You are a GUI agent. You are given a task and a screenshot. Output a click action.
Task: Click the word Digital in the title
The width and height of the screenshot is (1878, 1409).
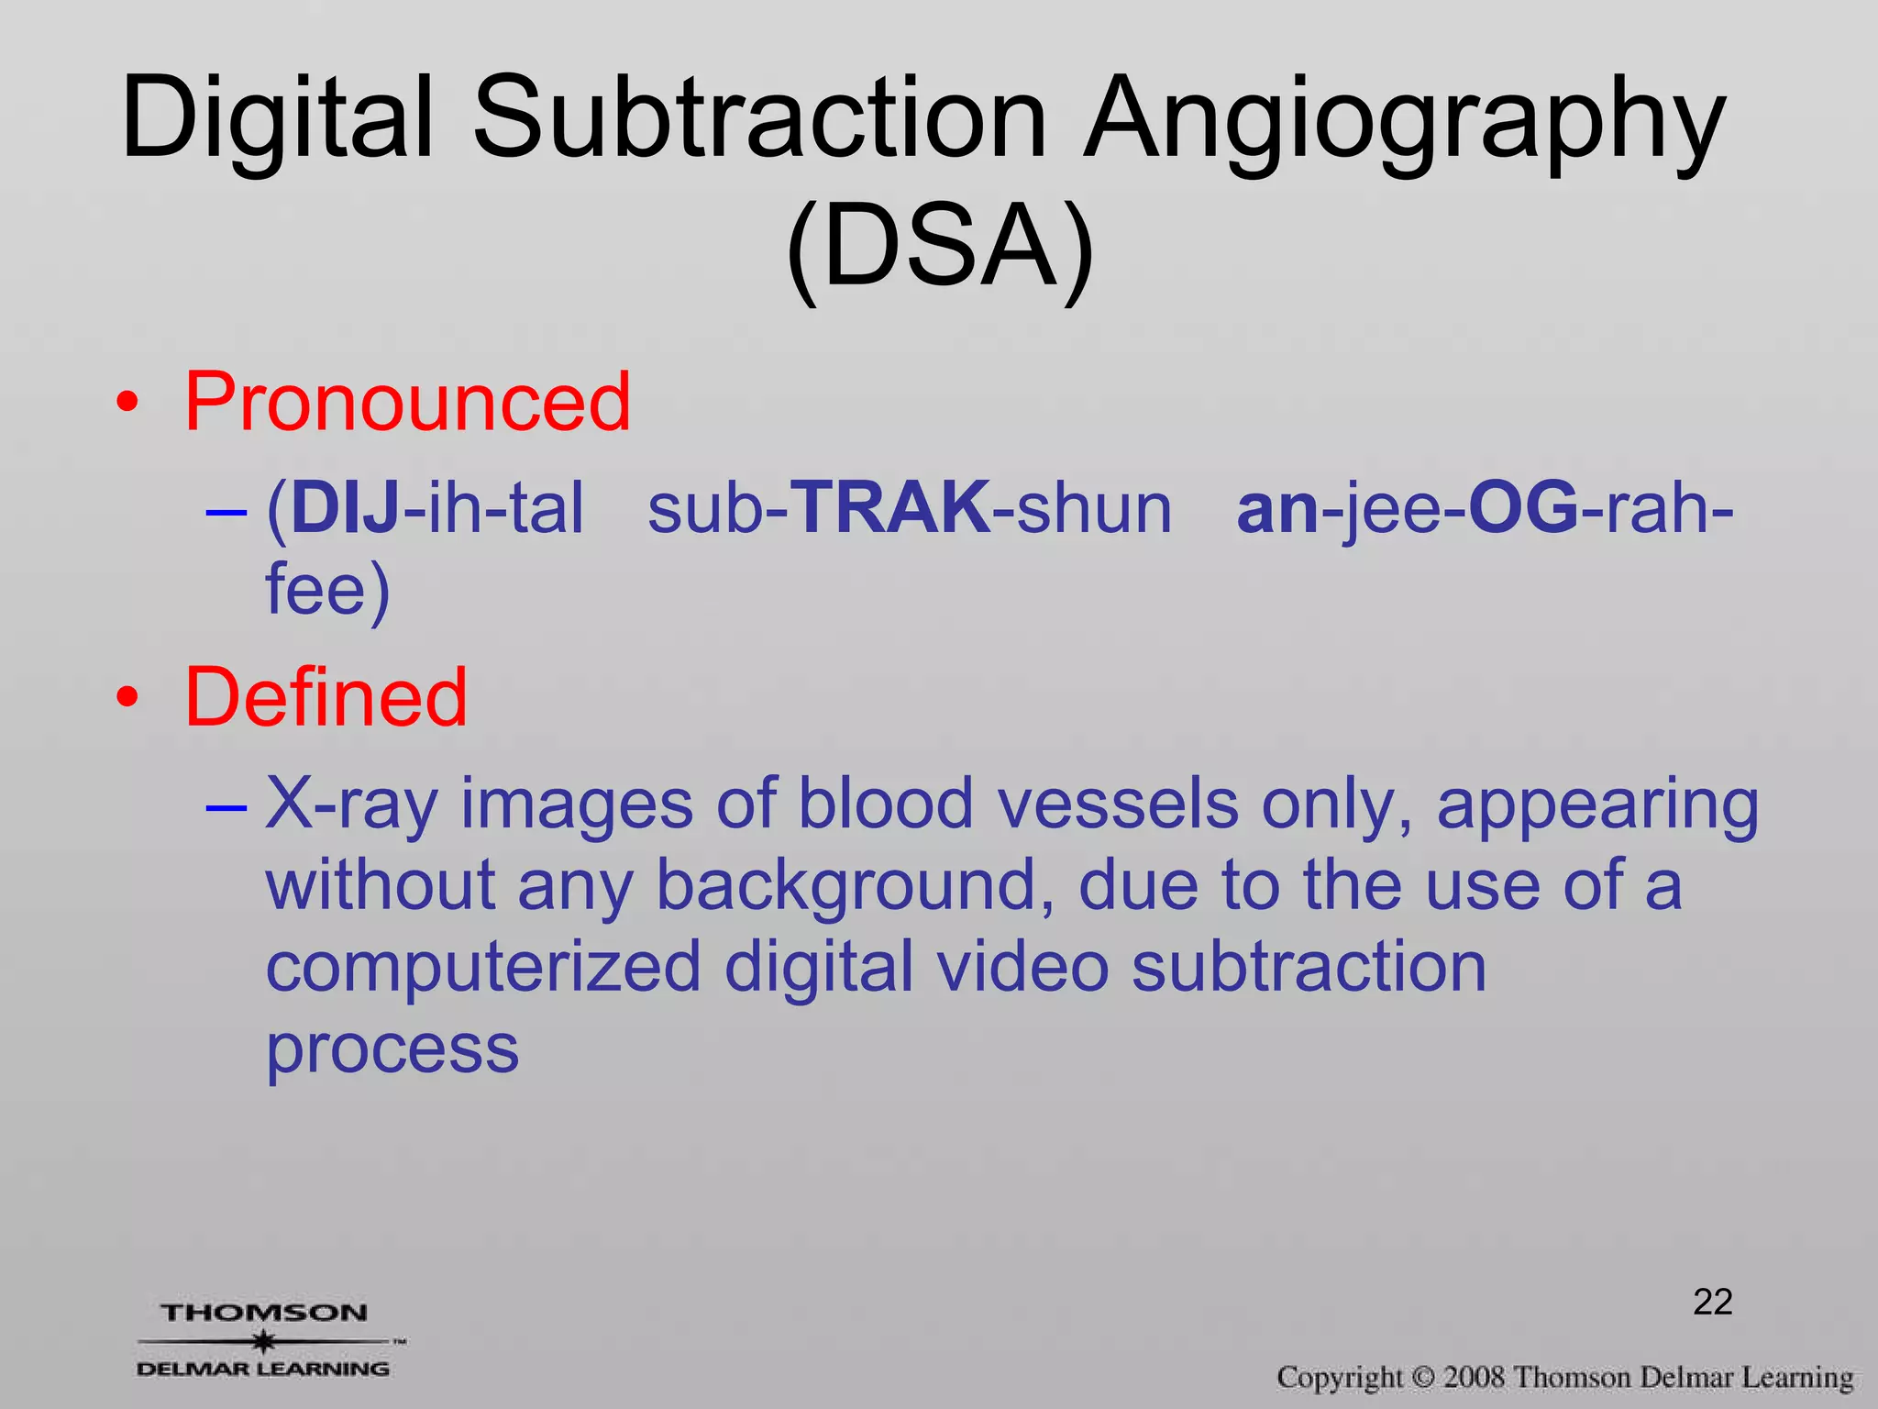275,119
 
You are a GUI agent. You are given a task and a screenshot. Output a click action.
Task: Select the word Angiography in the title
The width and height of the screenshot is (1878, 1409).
1403,124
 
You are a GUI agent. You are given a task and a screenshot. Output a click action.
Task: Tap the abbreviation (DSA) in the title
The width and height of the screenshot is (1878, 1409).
940,248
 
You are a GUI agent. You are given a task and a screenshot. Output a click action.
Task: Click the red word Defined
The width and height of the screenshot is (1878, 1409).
326,697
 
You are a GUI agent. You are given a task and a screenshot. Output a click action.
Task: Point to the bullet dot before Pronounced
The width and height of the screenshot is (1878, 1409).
127,403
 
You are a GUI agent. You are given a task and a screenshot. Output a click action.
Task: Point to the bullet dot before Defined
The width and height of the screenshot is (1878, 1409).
127,698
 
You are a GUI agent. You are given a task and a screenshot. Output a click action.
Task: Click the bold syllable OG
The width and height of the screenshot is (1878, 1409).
1523,508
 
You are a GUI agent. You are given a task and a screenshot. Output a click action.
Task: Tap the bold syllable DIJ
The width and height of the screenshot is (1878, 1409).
345,508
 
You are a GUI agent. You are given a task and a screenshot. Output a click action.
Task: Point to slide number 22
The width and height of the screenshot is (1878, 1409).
1712,1302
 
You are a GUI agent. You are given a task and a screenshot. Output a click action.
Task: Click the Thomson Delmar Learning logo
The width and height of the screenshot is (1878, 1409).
266,1340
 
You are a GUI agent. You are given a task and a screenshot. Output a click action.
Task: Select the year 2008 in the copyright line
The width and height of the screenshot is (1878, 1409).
1474,1377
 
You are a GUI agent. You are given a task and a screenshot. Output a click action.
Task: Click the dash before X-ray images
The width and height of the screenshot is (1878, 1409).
226,807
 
